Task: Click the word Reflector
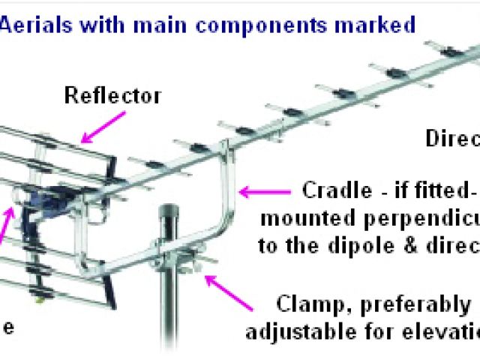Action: pyautogui.click(x=112, y=96)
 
